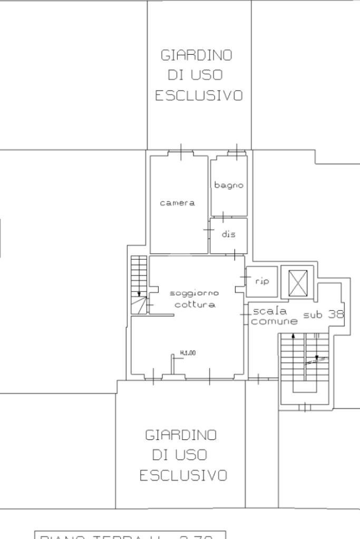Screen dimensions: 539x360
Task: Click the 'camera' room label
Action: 177,203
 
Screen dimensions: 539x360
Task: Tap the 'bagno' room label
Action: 229,185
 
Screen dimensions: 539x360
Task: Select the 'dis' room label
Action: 228,234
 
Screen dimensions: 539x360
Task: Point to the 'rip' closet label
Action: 262,281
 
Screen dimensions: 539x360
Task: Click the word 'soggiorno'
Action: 194,293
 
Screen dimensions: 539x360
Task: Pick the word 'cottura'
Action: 194,305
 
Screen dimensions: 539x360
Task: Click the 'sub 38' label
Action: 323,315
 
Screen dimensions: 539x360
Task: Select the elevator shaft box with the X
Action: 297,283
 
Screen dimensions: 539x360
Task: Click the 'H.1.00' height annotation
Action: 188,353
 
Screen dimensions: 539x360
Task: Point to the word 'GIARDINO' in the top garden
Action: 196,55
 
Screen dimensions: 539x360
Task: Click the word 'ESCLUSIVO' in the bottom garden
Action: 183,476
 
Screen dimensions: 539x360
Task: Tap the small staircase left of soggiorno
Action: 139,285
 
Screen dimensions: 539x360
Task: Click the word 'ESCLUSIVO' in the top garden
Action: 198,95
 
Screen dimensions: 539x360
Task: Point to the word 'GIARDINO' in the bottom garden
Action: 181,435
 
